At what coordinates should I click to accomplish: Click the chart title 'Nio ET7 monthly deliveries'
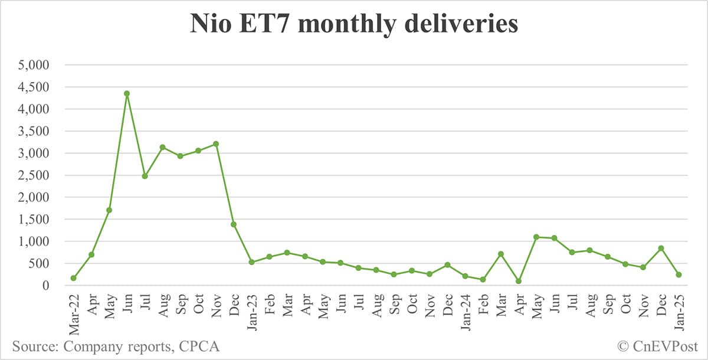(x=353, y=25)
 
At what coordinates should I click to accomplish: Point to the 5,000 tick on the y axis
(x=35, y=65)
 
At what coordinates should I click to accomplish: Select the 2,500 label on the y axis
(x=35, y=175)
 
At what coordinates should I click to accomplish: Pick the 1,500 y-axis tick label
(x=35, y=220)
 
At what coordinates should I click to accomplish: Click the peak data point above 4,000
(x=127, y=93)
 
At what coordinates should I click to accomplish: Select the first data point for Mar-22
(x=73, y=278)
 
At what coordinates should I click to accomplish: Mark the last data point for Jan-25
(x=678, y=274)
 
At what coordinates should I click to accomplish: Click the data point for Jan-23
(x=251, y=262)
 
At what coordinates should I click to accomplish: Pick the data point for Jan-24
(x=465, y=276)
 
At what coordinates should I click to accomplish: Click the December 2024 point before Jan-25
(x=661, y=248)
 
